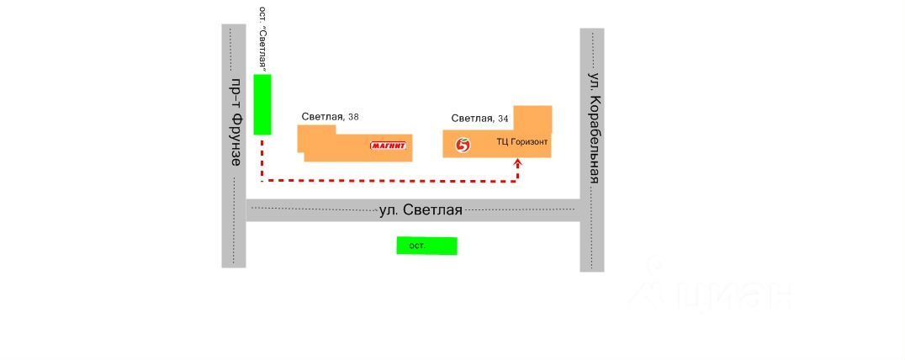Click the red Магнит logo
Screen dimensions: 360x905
click(x=389, y=146)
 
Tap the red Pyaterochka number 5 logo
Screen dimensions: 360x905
click(x=462, y=145)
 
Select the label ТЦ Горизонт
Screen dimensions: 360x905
click(x=522, y=142)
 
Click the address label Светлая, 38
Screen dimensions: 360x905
click(x=330, y=117)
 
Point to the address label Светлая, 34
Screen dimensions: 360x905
click(x=479, y=119)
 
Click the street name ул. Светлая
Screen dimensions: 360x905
click(x=421, y=209)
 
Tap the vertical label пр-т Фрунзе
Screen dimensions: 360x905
click(x=236, y=121)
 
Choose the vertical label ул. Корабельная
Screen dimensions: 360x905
click(x=594, y=127)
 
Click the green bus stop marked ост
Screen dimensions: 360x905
click(x=426, y=246)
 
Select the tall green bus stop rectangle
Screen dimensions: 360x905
click(x=262, y=104)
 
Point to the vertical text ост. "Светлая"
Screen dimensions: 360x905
click(x=263, y=38)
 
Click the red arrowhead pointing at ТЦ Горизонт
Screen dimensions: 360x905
click(x=517, y=163)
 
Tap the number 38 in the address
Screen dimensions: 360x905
click(x=353, y=117)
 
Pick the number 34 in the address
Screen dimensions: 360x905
click(x=503, y=119)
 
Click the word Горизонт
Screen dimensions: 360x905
click(x=529, y=142)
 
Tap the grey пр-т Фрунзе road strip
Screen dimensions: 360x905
click(x=233, y=227)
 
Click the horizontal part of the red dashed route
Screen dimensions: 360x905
click(x=387, y=180)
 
